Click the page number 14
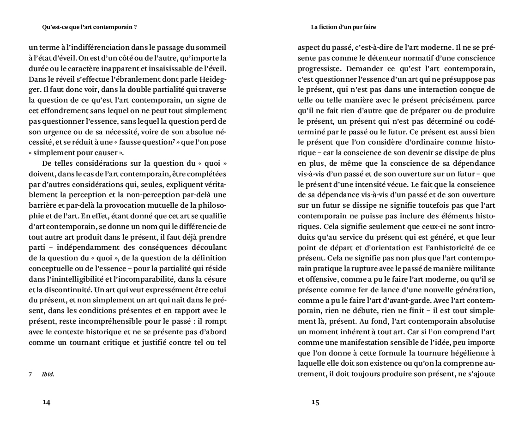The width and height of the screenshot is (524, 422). [x=46, y=402]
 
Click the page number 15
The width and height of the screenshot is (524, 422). [x=315, y=402]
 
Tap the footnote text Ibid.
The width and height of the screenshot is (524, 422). [x=48, y=374]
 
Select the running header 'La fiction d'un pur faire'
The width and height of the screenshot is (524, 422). [x=343, y=27]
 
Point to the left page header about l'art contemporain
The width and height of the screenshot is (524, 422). [x=89, y=27]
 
